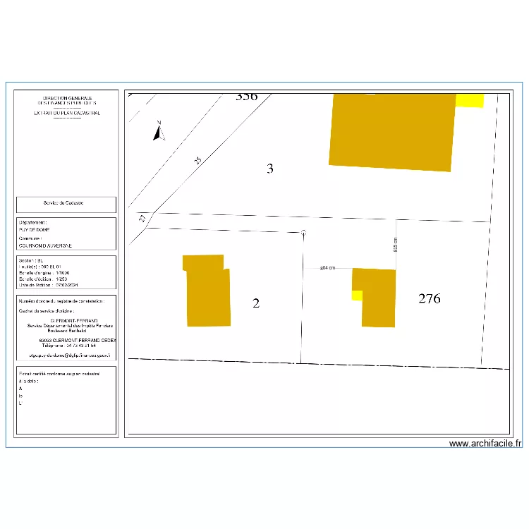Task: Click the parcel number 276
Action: pyautogui.click(x=429, y=299)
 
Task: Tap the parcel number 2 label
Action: pyautogui.click(x=256, y=303)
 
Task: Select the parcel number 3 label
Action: pyautogui.click(x=269, y=169)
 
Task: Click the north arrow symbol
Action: pyautogui.click(x=159, y=130)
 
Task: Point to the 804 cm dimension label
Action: pyautogui.click(x=327, y=268)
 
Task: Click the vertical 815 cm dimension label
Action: pyautogui.click(x=396, y=244)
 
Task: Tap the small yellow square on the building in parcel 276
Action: pyautogui.click(x=356, y=295)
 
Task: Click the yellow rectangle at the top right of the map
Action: pyautogui.click(x=469, y=100)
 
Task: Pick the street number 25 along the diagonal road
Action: pyautogui.click(x=197, y=162)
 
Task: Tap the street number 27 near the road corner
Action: pyautogui.click(x=142, y=219)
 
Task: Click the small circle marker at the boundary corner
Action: pyautogui.click(x=303, y=232)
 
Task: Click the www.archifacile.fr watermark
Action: pyautogui.click(x=485, y=444)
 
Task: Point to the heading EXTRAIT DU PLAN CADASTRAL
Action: pyautogui.click(x=67, y=113)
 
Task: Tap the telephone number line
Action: pyautogui.click(x=68, y=346)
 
